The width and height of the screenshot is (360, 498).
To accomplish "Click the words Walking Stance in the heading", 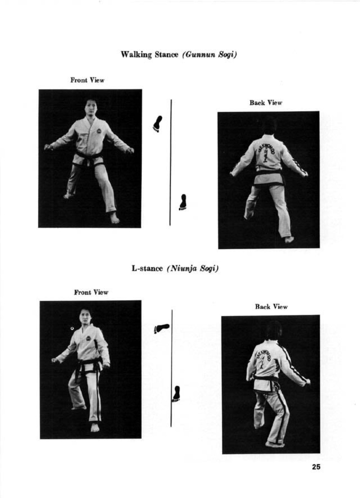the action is point(150,54).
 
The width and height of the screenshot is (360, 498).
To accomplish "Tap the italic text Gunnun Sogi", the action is point(209,54).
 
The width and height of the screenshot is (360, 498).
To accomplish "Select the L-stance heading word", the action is point(147,268).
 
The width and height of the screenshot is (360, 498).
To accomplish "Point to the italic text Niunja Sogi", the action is point(193,269).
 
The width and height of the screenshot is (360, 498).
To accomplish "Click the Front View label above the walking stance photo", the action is point(88,80).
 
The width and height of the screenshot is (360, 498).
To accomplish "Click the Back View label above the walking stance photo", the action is point(266,103).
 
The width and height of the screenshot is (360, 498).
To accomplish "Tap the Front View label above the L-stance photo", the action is point(91,292).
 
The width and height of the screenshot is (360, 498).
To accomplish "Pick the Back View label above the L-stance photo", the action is point(271,307).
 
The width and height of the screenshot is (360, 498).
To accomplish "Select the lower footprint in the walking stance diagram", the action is point(183,202).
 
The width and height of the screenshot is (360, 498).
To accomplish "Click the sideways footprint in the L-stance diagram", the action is point(161,328).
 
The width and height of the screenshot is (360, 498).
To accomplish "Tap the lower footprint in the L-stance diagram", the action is point(176,394).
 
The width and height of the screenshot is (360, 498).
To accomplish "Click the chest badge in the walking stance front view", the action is point(98,131).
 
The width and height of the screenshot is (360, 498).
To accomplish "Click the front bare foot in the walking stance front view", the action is point(114,218).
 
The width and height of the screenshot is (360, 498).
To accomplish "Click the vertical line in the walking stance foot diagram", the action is point(171,162).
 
